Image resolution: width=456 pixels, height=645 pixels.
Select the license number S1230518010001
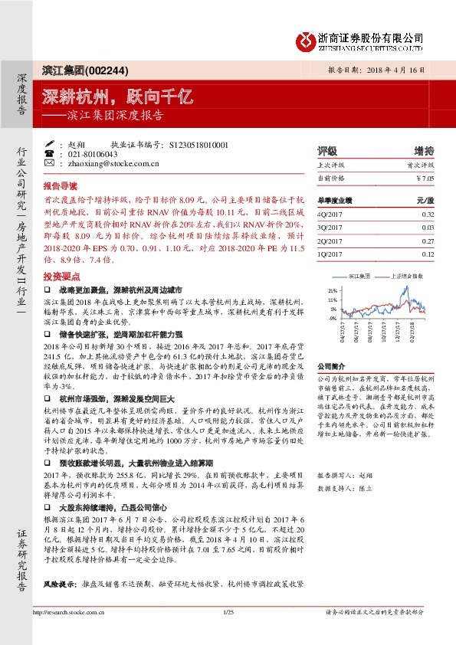[198, 144]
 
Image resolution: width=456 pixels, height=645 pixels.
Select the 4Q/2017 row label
[330, 215]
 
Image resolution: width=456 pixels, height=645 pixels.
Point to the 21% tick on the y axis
[333, 291]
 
